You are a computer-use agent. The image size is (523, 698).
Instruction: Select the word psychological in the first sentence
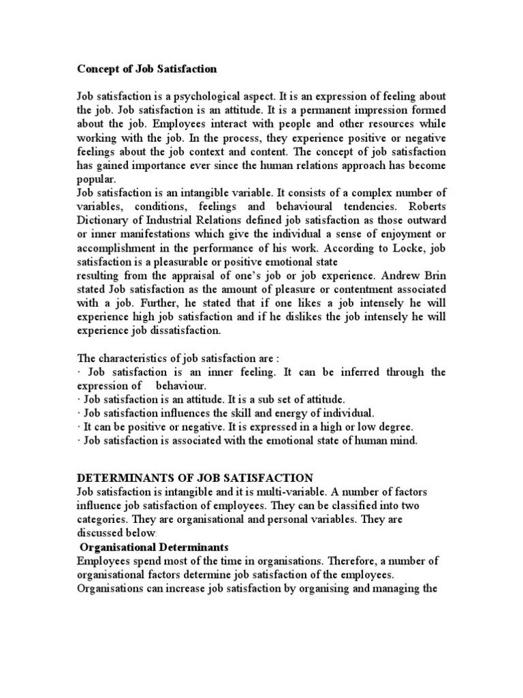point(211,97)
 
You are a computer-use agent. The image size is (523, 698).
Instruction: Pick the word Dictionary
point(103,220)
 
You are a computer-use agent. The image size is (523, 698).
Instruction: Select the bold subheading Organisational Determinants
point(154,547)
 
